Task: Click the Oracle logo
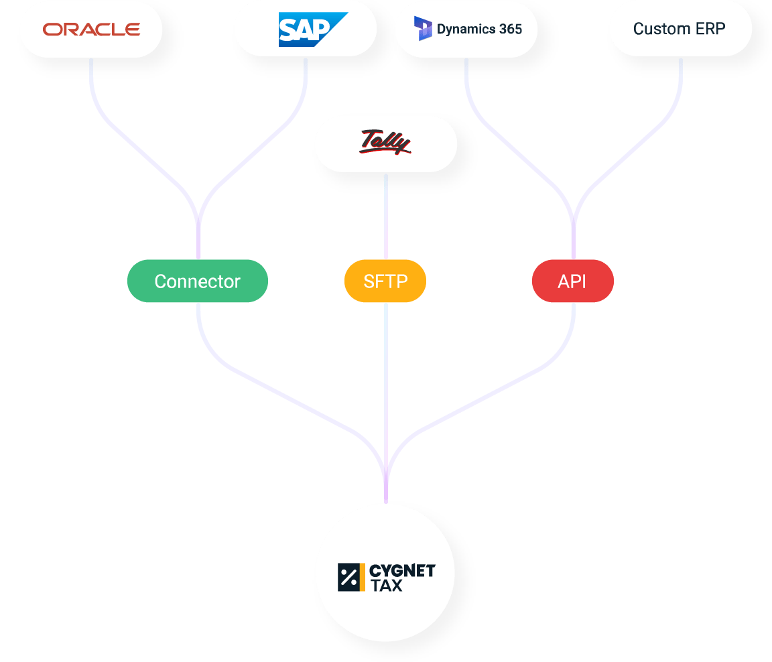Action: click(x=91, y=29)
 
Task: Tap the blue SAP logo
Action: click(x=312, y=29)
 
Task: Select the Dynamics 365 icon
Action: click(x=423, y=29)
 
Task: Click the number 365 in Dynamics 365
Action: click(x=510, y=29)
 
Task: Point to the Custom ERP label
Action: click(x=680, y=29)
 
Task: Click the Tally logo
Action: click(x=385, y=143)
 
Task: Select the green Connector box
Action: click(x=198, y=281)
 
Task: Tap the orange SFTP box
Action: click(x=385, y=281)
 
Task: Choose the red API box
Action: click(x=572, y=281)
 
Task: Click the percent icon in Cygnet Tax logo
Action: click(x=348, y=577)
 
